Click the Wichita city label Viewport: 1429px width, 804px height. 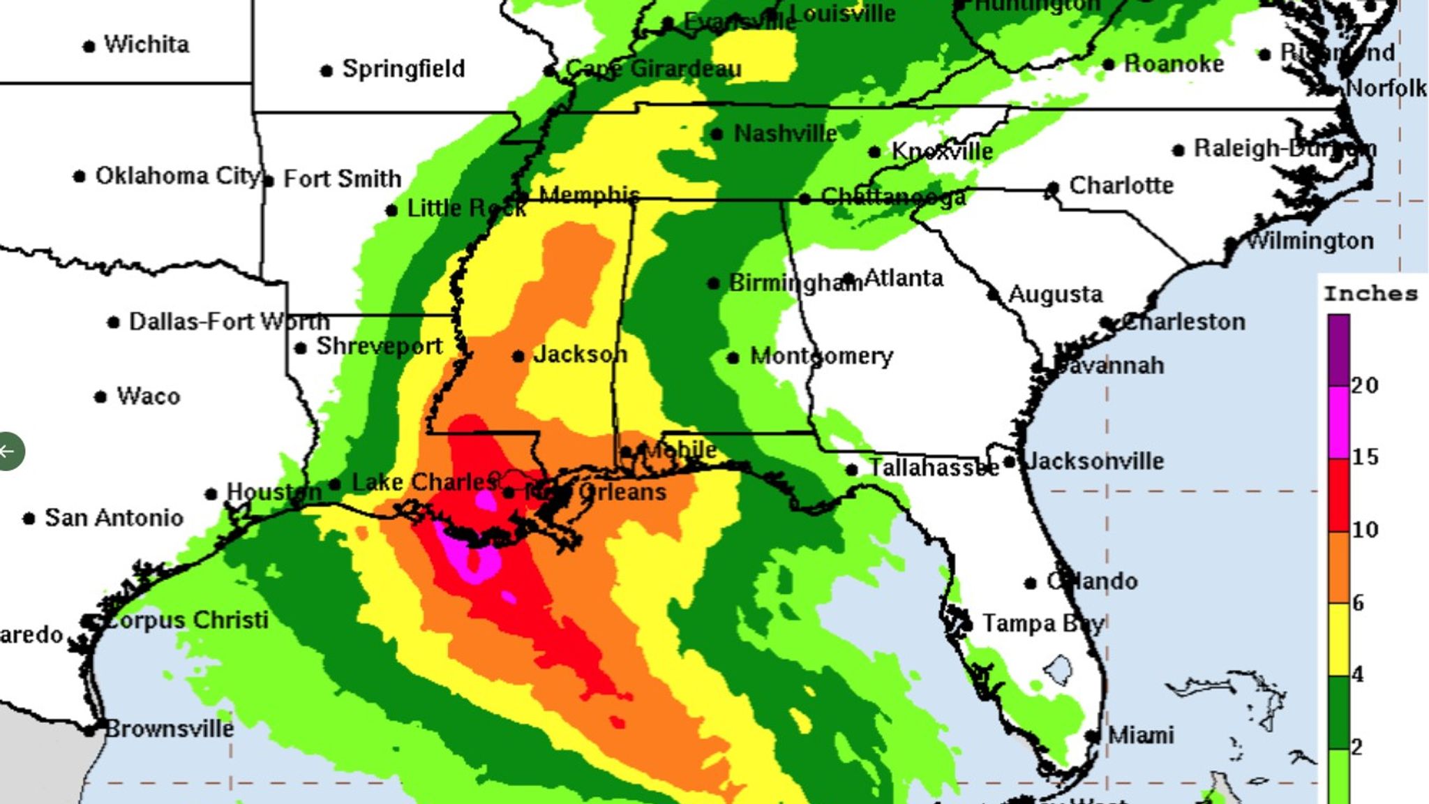147,45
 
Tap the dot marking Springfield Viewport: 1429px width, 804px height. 326,70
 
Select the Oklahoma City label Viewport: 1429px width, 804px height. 177,176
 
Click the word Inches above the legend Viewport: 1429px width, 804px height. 1371,294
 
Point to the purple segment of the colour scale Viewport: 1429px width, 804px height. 1338,349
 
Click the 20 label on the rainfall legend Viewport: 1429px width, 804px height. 1365,385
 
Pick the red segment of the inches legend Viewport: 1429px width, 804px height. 1338,495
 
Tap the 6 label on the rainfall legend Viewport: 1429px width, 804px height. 1358,603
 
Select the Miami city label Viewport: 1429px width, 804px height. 1141,735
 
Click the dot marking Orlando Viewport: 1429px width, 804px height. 1031,583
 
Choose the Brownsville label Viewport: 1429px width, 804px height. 170,729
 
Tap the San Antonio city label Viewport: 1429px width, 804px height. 114,518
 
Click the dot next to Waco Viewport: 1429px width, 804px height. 100,397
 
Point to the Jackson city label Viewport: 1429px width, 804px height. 580,355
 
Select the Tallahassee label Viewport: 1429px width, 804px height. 934,468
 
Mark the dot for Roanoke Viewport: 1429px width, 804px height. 1109,65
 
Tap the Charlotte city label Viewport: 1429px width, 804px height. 1121,186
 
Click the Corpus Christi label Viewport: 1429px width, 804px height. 186,620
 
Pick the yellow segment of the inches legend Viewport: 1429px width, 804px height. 1338,639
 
